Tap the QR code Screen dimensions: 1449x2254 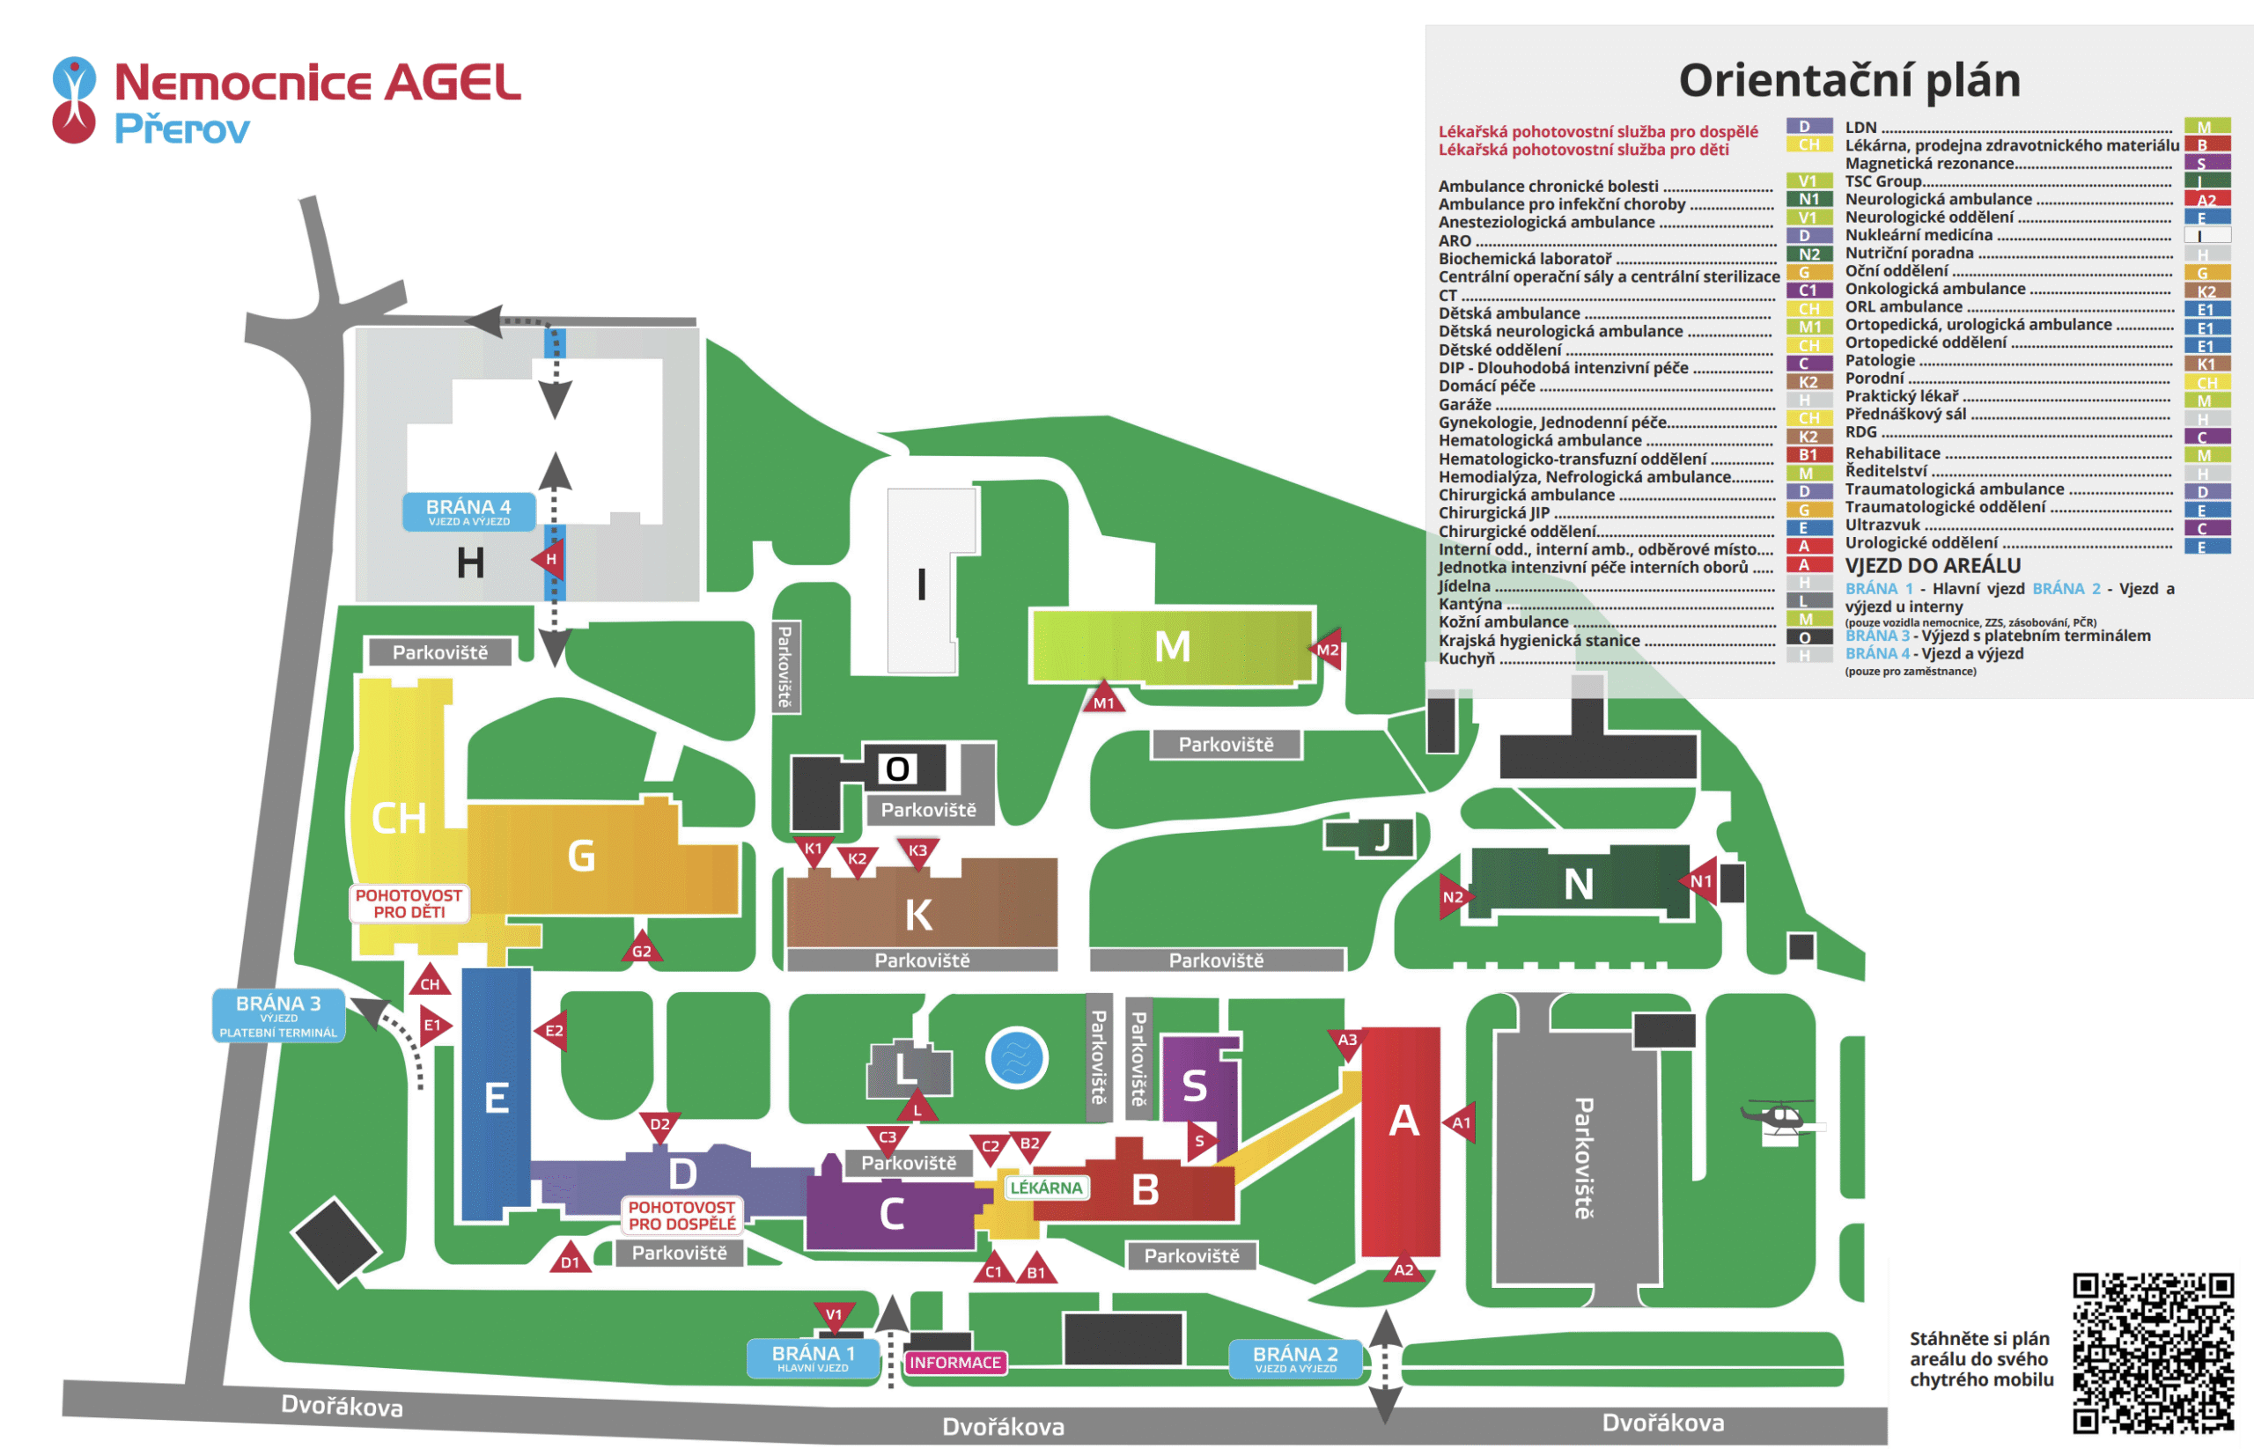(2153, 1353)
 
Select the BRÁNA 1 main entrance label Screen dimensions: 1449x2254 (814, 1357)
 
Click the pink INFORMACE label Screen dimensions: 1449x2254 (954, 1363)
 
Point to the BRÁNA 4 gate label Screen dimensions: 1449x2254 (468, 511)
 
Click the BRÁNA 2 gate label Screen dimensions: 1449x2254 (1295, 1358)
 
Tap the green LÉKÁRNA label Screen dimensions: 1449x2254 (1046, 1188)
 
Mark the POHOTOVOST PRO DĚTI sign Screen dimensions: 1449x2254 (409, 903)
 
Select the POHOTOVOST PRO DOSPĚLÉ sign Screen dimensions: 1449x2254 (681, 1215)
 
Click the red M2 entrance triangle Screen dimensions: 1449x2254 (1327, 649)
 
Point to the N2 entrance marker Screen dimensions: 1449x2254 (1452, 897)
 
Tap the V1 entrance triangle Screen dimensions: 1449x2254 (834, 1315)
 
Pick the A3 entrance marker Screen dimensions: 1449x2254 (1348, 1041)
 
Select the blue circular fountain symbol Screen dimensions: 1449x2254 (1016, 1057)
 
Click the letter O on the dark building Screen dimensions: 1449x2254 (898, 769)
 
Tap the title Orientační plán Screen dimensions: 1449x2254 (1848, 80)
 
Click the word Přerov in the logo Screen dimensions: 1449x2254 (181, 129)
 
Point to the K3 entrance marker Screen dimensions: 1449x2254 (917, 851)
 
